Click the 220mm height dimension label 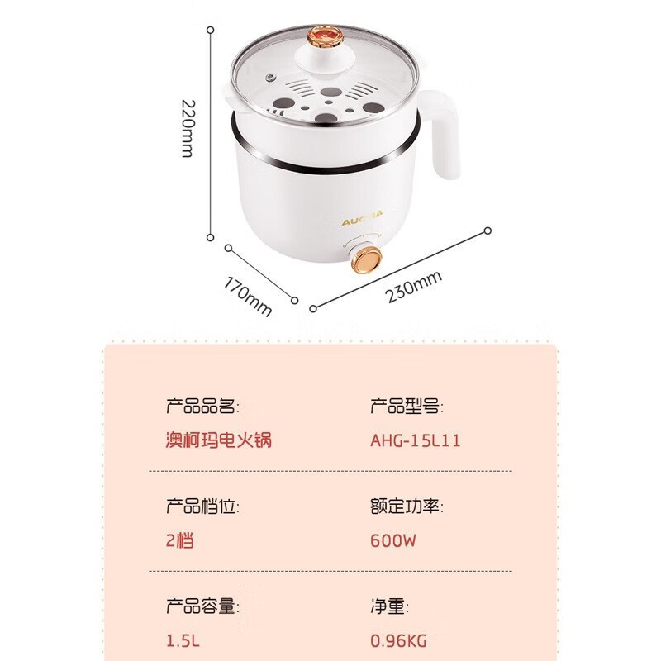coord(188,129)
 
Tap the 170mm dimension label coord(247,297)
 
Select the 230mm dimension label coord(414,286)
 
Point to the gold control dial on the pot coord(366,260)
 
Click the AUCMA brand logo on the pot coord(362,218)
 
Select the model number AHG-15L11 coord(416,440)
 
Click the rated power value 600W coord(393,540)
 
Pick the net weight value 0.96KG coord(398,641)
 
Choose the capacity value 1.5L coord(183,641)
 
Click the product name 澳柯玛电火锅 coord(219,440)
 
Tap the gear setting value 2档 coord(179,540)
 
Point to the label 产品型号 coord(407,407)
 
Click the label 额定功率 coord(407,506)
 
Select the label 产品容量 coord(202,606)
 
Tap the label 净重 coord(389,606)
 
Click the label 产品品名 coord(202,407)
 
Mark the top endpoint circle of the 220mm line coord(211,30)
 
